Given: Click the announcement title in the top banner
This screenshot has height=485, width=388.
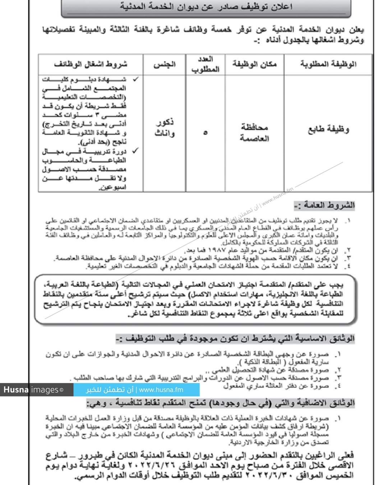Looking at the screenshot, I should click(206, 7).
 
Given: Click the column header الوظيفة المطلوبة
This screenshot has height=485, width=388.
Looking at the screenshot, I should click(328, 64).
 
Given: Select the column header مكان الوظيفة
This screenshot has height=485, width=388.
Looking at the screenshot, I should click(254, 64).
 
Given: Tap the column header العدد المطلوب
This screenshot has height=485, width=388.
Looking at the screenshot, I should click(205, 64).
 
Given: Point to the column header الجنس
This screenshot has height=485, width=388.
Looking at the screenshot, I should click(165, 64).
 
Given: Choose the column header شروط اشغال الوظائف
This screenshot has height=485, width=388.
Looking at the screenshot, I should click(91, 64).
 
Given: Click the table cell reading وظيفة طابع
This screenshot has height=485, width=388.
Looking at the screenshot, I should click(328, 129).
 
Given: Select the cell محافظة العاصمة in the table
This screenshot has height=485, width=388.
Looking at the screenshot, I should click(254, 133).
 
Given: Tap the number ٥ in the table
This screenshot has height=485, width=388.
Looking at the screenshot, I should click(205, 133).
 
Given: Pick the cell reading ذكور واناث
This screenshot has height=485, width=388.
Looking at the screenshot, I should click(165, 128).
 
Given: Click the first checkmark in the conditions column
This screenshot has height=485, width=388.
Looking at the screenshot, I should click(135, 79).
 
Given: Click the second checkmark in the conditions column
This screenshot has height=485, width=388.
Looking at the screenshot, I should click(135, 151).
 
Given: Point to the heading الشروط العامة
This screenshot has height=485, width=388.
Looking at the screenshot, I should click(324, 205).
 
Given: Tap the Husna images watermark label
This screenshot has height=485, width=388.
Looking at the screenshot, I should click(33, 390).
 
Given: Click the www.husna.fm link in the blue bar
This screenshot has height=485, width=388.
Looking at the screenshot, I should click(161, 390).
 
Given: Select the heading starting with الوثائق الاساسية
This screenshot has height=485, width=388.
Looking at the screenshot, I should click(235, 338).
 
